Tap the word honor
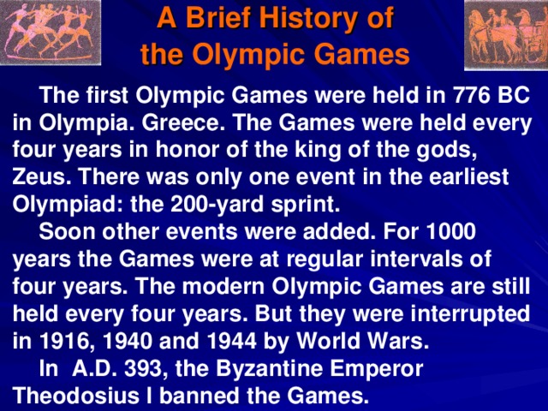[x=215, y=150]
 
